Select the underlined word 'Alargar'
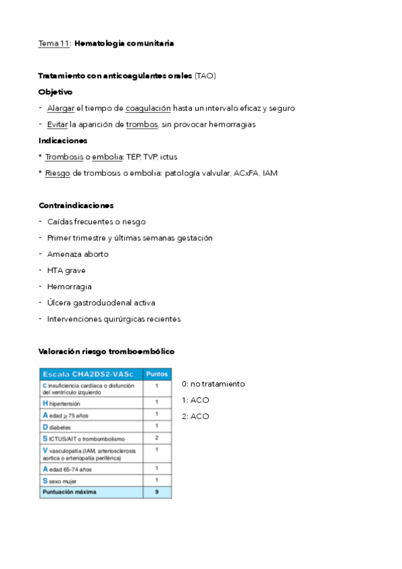click(x=60, y=108)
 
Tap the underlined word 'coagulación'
click(x=148, y=108)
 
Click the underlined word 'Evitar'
click(x=58, y=124)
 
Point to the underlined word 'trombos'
click(x=142, y=124)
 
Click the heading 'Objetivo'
click(x=56, y=92)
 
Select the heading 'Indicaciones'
click(x=63, y=140)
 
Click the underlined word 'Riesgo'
click(x=57, y=173)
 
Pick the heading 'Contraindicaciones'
click(x=76, y=205)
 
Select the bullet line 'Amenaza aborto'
click(x=77, y=254)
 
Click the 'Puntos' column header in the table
click(x=156, y=374)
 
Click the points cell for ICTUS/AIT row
click(x=156, y=437)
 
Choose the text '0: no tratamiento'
click(x=213, y=384)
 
